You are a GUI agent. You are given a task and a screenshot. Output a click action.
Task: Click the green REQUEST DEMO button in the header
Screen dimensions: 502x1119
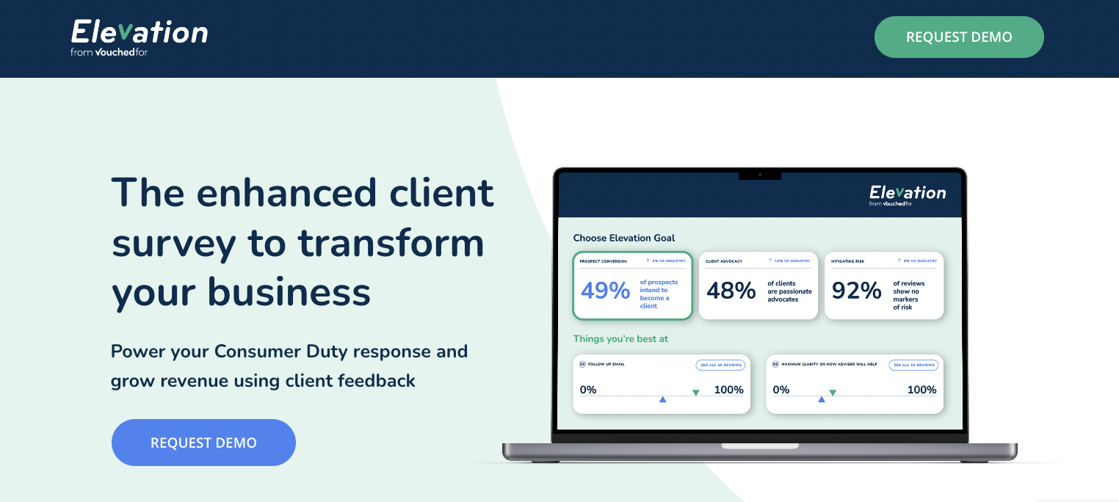[x=958, y=37]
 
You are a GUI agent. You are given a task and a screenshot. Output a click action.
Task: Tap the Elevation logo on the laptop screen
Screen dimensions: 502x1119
[x=908, y=194]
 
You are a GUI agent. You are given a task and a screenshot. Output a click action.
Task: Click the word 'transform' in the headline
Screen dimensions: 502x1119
[x=391, y=244]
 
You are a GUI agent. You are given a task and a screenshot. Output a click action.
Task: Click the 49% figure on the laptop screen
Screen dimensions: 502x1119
[x=605, y=291]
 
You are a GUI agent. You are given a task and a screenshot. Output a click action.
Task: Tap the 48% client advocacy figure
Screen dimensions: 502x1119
[x=731, y=291]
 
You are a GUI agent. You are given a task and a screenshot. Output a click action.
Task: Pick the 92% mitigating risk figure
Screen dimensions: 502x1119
[x=856, y=291]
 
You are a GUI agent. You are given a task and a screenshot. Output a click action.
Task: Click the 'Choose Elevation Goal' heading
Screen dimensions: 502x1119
[x=623, y=238]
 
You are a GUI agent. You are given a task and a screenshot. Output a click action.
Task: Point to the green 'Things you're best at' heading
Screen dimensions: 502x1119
[x=620, y=339]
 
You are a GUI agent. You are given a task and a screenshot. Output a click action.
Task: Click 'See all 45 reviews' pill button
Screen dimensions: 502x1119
[x=720, y=365]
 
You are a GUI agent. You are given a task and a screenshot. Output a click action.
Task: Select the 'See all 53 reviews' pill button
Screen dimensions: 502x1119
[x=913, y=365]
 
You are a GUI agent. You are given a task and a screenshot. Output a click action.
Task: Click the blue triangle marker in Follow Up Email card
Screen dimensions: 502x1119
[x=662, y=399]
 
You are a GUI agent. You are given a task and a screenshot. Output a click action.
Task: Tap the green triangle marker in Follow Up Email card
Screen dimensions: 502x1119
[x=695, y=393]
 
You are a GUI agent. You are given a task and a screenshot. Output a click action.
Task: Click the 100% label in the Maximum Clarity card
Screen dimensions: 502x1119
[x=921, y=390]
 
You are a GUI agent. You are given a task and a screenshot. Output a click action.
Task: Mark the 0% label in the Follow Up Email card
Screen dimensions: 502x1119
[x=588, y=390]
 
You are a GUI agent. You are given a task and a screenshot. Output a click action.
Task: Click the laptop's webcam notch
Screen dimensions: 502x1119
[x=759, y=175]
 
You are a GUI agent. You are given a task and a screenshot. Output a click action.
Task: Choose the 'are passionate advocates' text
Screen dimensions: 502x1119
[x=789, y=295]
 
